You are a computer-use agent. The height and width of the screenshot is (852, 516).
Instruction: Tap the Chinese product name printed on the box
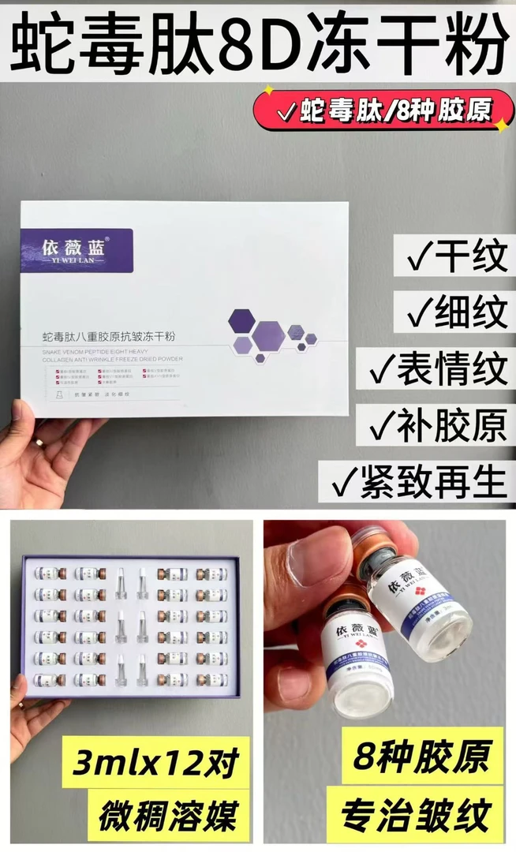(113, 337)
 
